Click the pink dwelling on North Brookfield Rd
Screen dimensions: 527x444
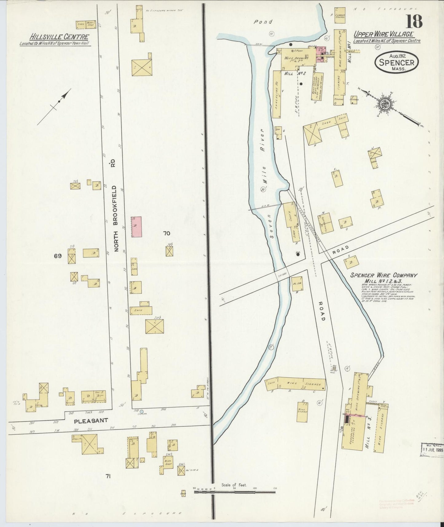pos(136,227)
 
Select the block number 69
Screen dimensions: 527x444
pos(58,256)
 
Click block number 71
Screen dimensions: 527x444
pos(108,476)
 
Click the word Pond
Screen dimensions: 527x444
pos(263,22)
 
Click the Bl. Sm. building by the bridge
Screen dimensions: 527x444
pos(297,284)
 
